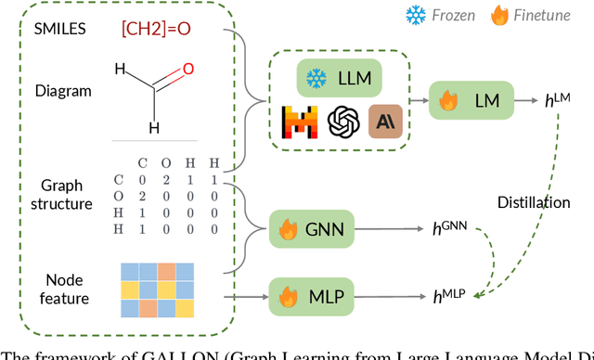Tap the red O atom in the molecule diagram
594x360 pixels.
pyautogui.click(x=187, y=70)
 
